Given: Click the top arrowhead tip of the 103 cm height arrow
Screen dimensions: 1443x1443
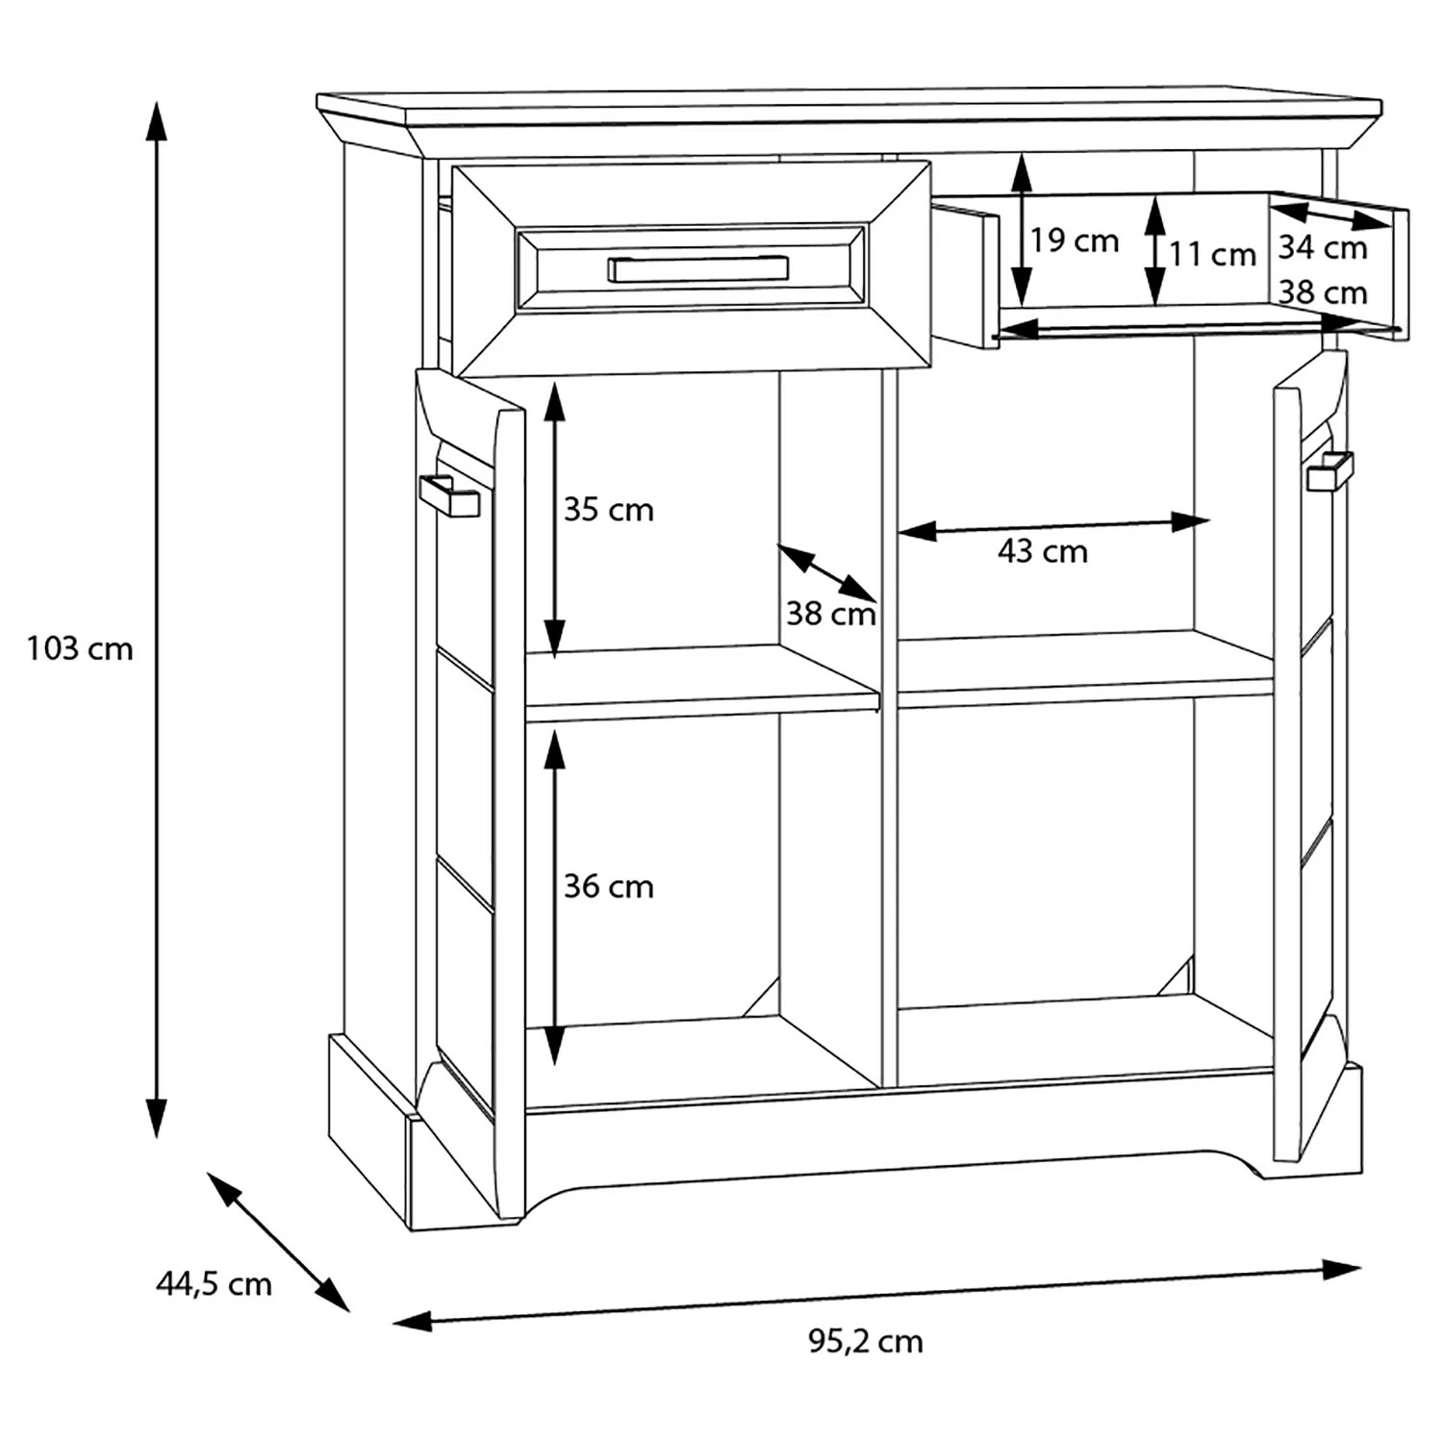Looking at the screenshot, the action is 156,99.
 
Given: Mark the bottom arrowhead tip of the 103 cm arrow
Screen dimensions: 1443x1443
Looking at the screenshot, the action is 156,1138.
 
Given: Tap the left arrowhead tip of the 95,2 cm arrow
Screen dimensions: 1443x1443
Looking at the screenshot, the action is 392,1325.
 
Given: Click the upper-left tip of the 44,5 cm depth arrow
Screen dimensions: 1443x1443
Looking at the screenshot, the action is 208,1172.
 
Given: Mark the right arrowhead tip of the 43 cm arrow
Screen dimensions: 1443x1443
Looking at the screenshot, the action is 1210,521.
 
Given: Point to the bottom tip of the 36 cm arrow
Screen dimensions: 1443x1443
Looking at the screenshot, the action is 553,1066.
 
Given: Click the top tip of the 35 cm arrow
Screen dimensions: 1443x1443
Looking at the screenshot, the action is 553,380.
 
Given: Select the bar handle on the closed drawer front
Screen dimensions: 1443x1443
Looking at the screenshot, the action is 697,268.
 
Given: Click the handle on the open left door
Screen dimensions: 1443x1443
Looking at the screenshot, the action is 449,495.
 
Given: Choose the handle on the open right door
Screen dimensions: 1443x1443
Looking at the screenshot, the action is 1329,470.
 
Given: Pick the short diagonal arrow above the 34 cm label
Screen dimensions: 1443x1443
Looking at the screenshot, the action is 1332,215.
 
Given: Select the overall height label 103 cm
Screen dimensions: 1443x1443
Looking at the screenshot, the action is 80,648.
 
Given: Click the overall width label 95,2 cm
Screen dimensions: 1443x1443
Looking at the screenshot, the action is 866,1341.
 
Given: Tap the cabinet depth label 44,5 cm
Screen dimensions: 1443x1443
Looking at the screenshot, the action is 214,1283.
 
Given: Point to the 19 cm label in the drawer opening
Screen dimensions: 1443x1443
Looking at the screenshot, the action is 1075,240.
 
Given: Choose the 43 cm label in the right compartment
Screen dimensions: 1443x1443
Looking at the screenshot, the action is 1043,551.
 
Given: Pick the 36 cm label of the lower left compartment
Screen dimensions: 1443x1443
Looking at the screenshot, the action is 609,886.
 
